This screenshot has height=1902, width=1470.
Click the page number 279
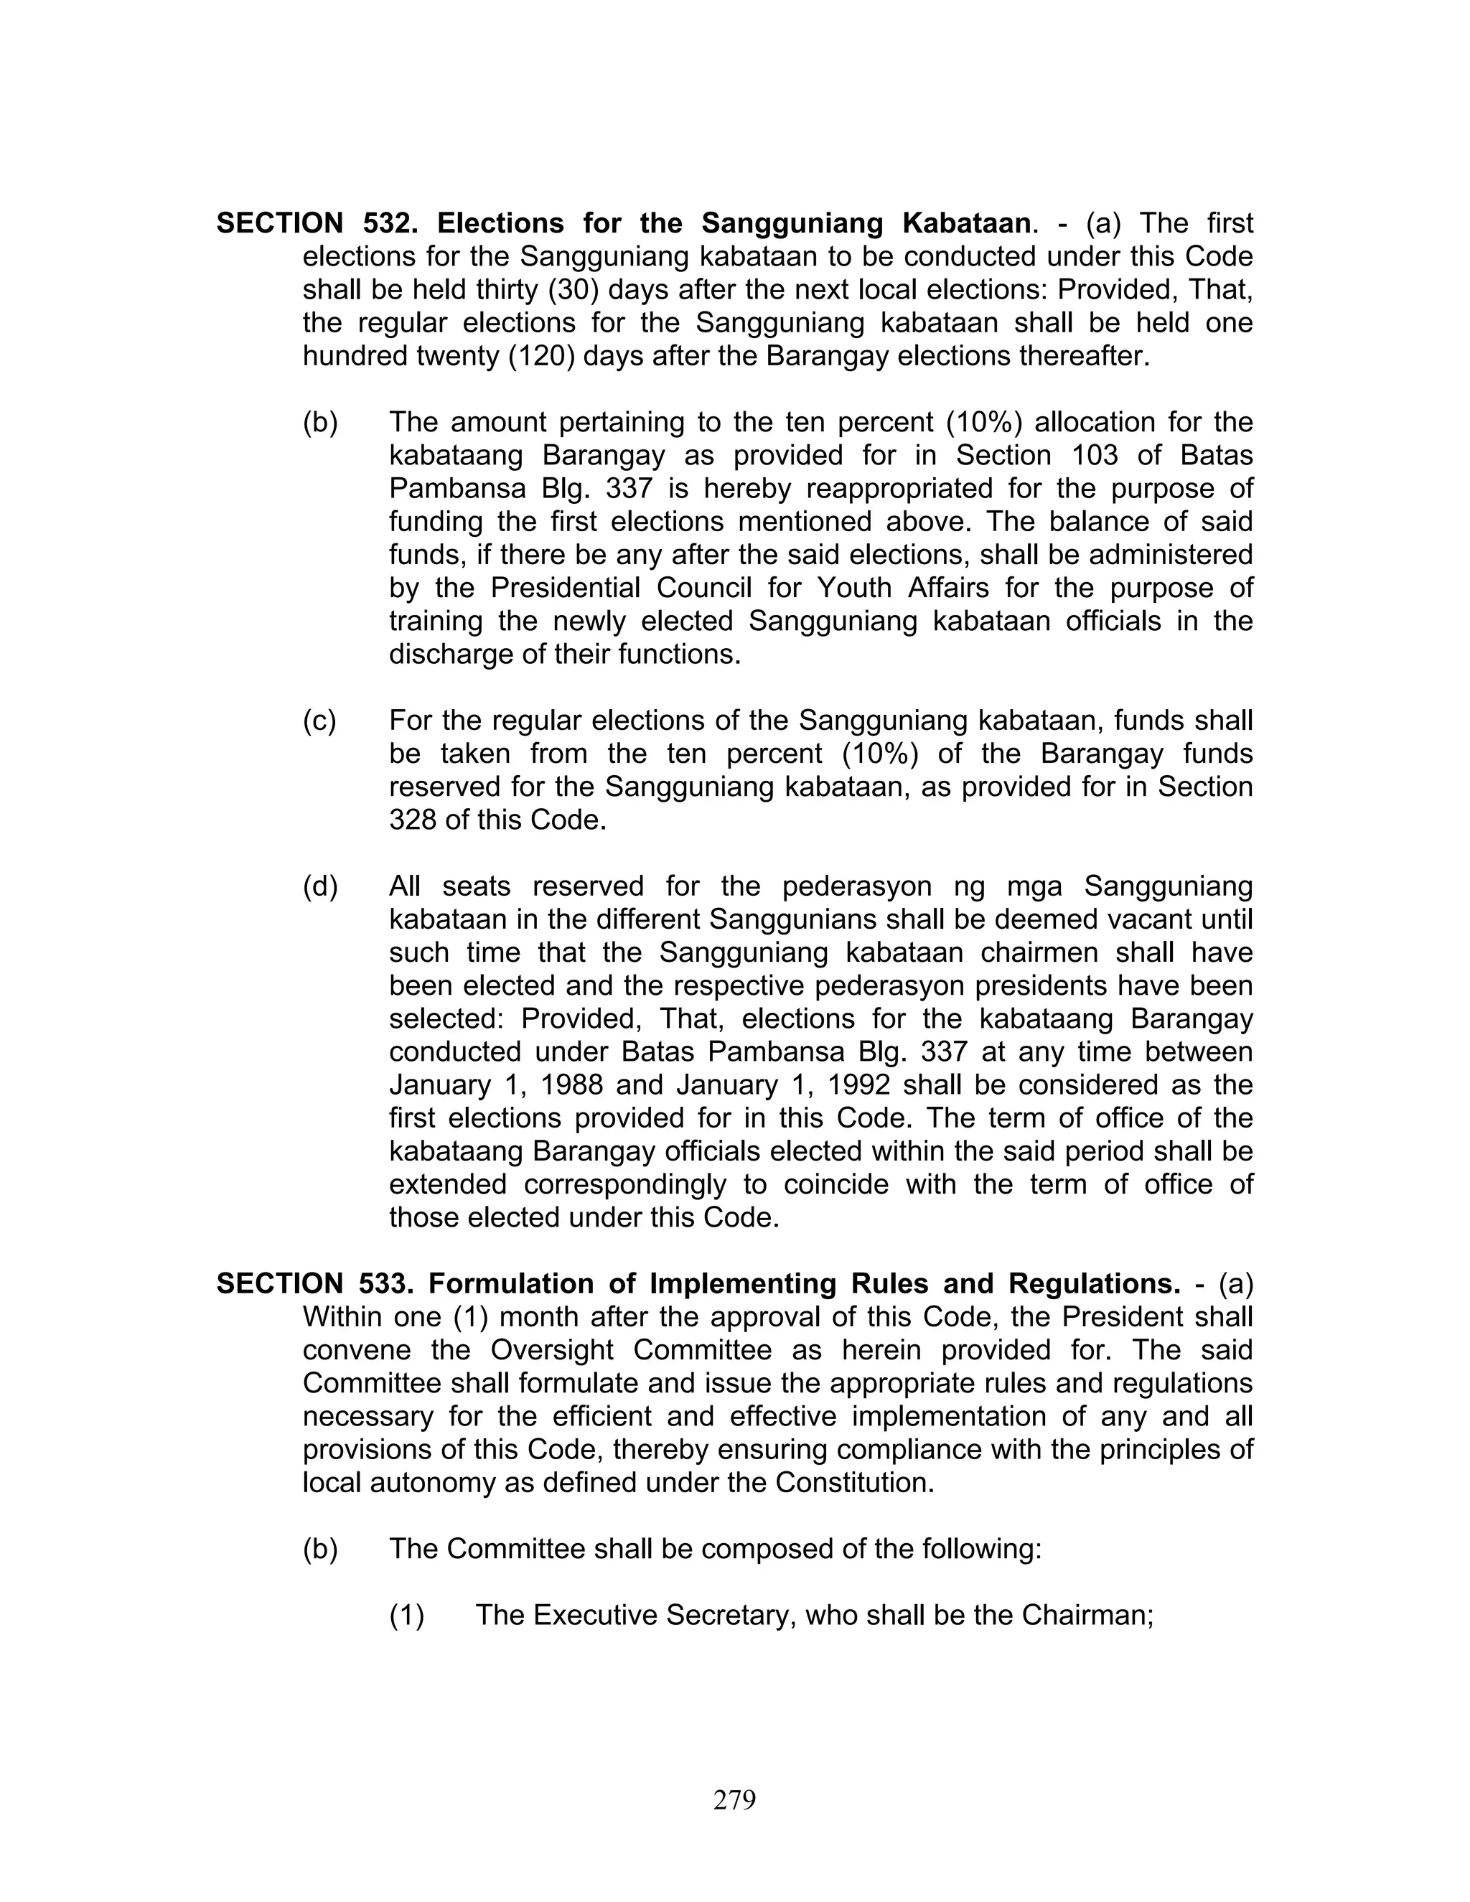click(x=734, y=1799)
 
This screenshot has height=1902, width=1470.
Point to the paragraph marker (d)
click(x=319, y=886)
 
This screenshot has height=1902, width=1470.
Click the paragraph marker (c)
click(x=319, y=721)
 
